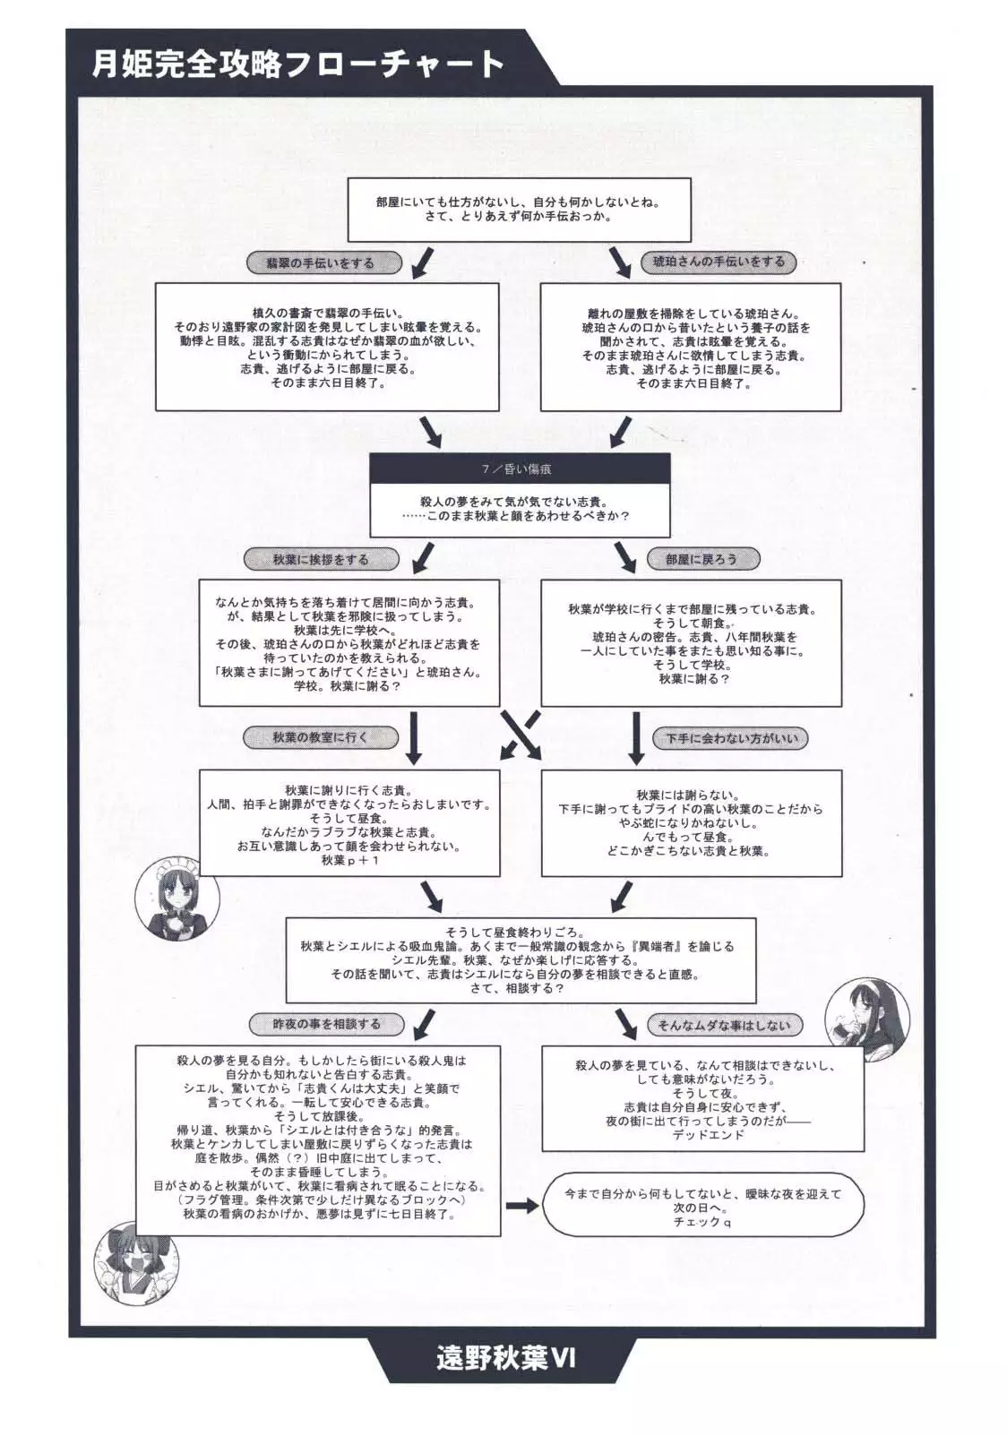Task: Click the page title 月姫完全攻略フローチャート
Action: pyautogui.click(x=298, y=64)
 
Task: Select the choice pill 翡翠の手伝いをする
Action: pyautogui.click(x=320, y=263)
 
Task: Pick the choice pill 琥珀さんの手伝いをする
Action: pyautogui.click(x=718, y=262)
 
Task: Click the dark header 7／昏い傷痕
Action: pyautogui.click(x=521, y=469)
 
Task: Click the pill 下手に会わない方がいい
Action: pyautogui.click(x=730, y=739)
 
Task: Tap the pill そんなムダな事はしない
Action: pyautogui.click(x=724, y=1024)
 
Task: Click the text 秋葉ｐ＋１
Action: pyautogui.click(x=350, y=860)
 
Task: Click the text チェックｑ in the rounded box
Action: pyautogui.click(x=702, y=1221)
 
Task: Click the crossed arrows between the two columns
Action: pyautogui.click(x=521, y=735)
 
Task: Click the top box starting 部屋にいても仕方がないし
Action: pyautogui.click(x=519, y=210)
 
